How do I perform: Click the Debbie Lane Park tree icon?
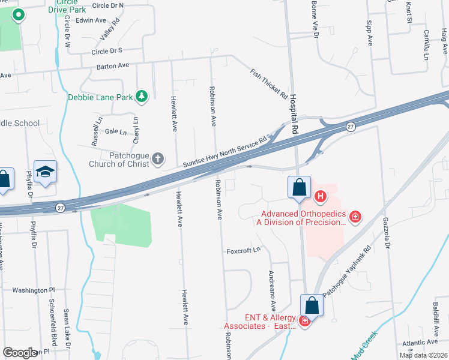pos(142,96)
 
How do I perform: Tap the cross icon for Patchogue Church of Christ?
pos(158,158)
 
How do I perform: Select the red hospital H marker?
pos(321,196)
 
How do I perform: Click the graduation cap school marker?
pos(46,172)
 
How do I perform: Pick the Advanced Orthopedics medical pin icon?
pos(355,216)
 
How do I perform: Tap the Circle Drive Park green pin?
pos(18,15)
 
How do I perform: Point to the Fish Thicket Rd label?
pos(268,83)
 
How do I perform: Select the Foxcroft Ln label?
pos(243,250)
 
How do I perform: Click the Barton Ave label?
pos(113,65)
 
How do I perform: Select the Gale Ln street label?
pos(116,131)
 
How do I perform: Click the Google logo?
pos(20,353)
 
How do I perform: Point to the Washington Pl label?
pos(34,290)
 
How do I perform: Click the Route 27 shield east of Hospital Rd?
pos(350,127)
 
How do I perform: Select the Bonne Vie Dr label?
pos(314,19)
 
